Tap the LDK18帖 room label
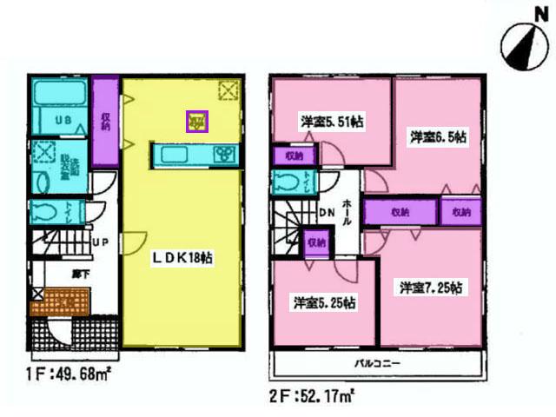[184, 258]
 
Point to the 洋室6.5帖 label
[440, 137]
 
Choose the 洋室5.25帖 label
[323, 303]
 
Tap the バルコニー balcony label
[375, 361]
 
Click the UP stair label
[101, 242]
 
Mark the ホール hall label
[347, 211]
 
